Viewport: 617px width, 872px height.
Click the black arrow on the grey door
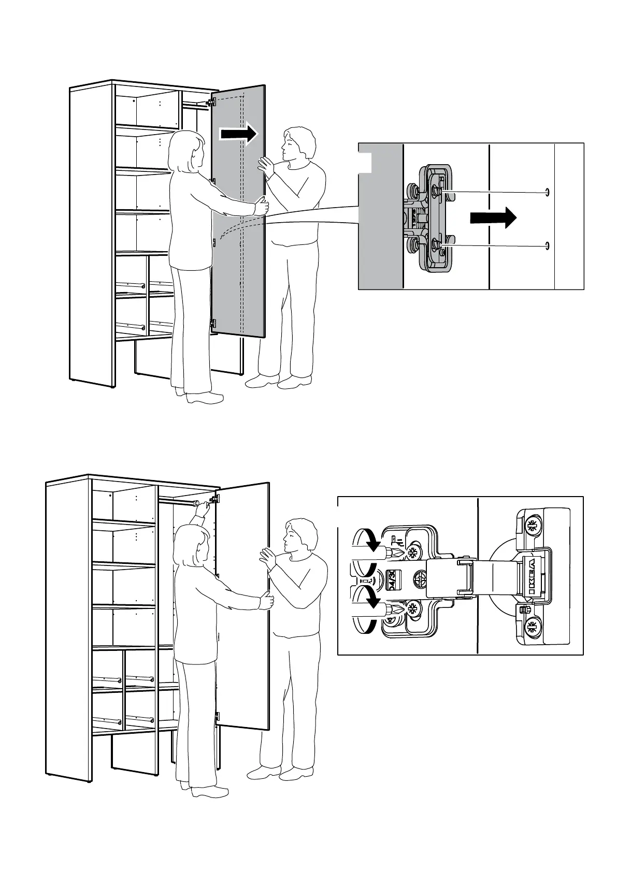click(x=238, y=134)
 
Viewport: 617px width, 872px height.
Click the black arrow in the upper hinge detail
click(x=493, y=218)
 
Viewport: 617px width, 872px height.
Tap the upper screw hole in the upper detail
click(x=547, y=193)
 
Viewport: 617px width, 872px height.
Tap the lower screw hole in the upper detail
click(x=547, y=245)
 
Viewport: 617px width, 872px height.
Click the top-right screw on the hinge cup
click(x=531, y=527)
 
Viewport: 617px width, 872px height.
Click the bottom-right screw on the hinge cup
click(x=531, y=628)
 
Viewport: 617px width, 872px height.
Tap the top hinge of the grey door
click(x=211, y=101)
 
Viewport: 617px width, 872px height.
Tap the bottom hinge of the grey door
click(x=212, y=324)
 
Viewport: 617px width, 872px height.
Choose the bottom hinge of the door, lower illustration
click(x=217, y=717)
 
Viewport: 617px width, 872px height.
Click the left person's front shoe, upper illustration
click(x=205, y=398)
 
